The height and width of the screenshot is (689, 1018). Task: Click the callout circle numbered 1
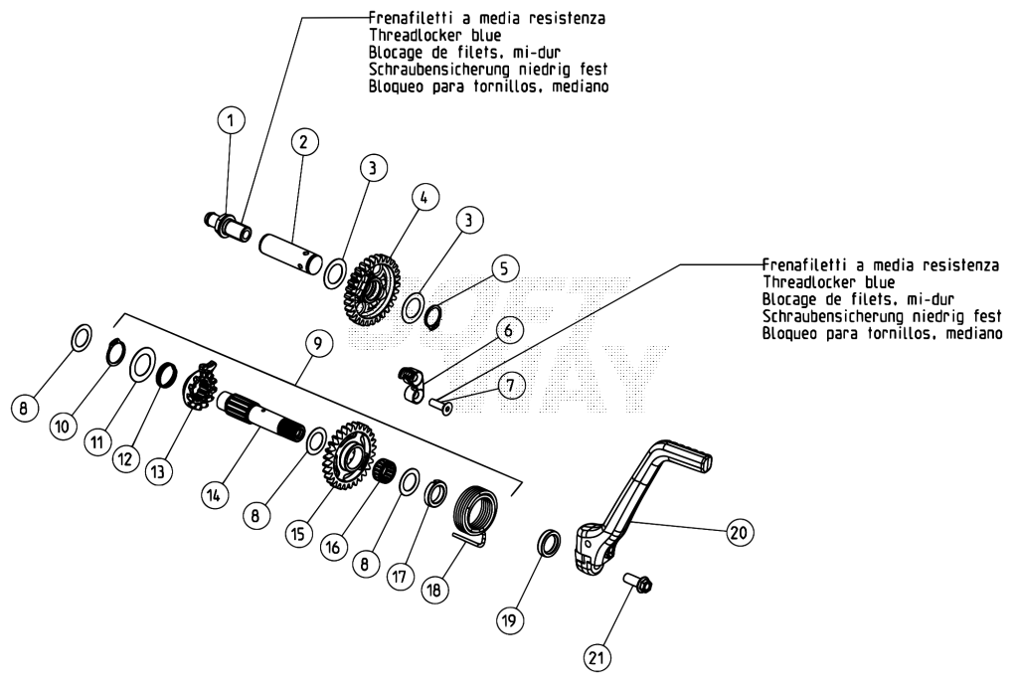231,121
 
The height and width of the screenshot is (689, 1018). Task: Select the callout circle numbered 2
304,142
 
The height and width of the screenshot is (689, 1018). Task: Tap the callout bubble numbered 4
424,198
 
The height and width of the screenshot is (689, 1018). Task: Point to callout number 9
318,344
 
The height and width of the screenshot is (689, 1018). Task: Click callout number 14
214,495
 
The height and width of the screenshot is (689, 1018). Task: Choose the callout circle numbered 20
739,533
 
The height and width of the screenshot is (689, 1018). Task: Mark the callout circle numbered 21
596,657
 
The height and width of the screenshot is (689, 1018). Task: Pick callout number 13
158,471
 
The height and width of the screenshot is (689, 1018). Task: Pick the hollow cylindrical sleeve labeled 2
291,251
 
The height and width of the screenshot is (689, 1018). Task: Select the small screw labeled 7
440,405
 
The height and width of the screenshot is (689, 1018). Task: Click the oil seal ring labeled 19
549,544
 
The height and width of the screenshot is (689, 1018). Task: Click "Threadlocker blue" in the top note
435,35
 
